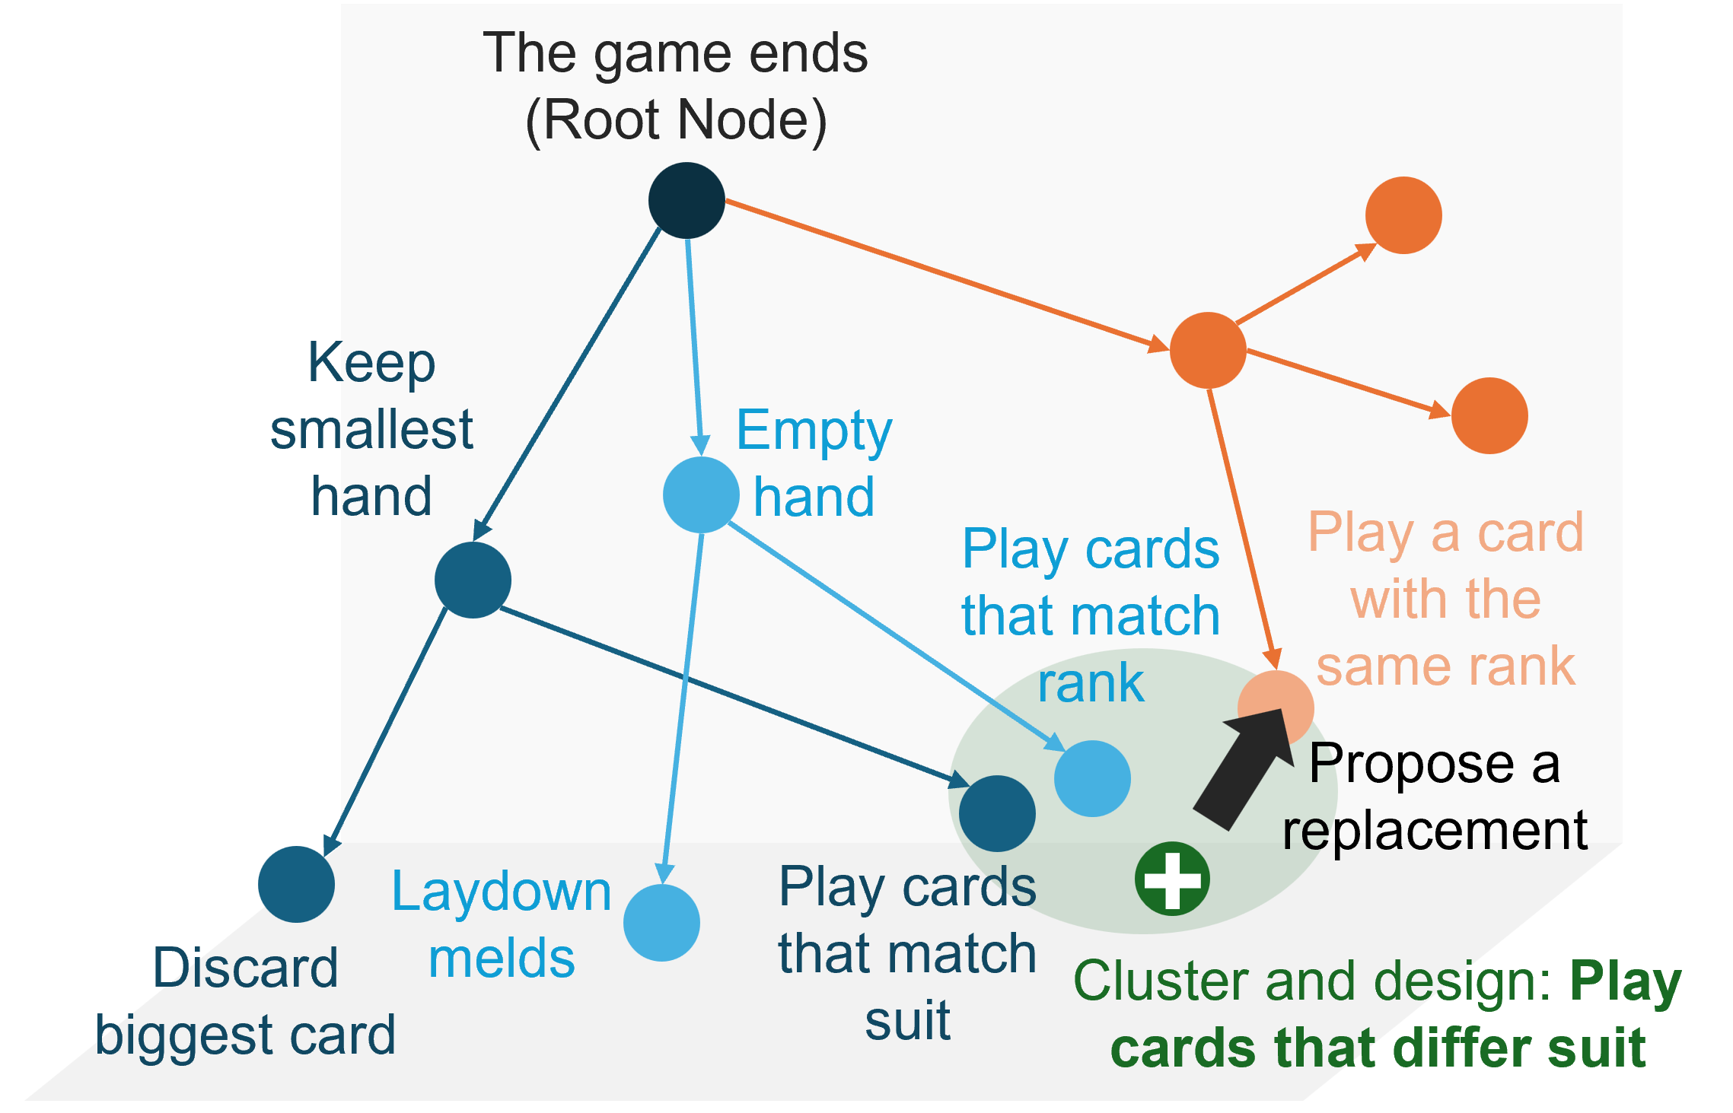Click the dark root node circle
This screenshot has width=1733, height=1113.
tap(687, 200)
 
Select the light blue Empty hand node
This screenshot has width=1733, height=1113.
tap(701, 494)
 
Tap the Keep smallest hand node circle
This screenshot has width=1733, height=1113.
tap(473, 580)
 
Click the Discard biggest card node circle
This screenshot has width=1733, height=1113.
tap(296, 884)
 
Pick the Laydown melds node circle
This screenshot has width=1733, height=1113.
tap(661, 923)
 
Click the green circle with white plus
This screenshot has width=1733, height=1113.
tap(1172, 879)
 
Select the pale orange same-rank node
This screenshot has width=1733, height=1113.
tap(1276, 708)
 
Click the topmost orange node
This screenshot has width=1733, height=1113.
tap(1403, 215)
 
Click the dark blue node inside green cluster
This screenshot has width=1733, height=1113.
tap(997, 813)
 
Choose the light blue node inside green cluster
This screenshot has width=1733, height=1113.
tap(1092, 778)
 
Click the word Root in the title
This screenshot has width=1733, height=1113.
tap(605, 119)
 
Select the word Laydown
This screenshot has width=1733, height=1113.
tap(502, 892)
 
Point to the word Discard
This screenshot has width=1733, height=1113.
tap(246, 968)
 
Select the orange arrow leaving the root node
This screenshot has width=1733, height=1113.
tap(948, 275)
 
